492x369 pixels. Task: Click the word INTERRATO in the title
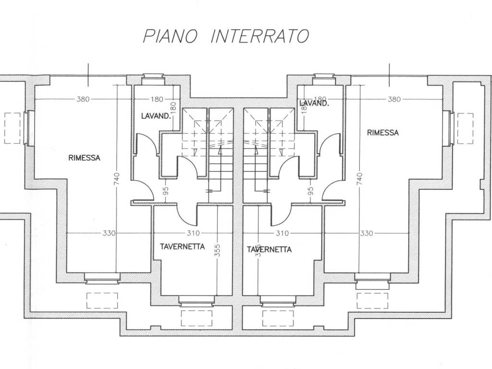pos(260,37)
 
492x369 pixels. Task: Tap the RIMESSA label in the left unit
pos(84,158)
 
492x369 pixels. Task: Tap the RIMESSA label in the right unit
pos(382,133)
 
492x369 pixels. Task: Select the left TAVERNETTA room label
pos(182,246)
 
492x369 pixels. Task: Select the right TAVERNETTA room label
pos(269,249)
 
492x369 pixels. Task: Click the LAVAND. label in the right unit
pos(314,103)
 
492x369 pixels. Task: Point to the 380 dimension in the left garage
pos(83,99)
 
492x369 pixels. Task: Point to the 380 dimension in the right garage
pos(394,99)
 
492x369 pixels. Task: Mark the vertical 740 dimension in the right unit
pos(360,178)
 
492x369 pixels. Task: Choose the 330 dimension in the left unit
pos(109,234)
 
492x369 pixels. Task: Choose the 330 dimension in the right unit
pos(366,234)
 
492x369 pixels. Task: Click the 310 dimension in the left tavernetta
pos(193,234)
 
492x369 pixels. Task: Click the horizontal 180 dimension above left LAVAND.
pos(157,99)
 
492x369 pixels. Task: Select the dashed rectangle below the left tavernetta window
pos(196,318)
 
